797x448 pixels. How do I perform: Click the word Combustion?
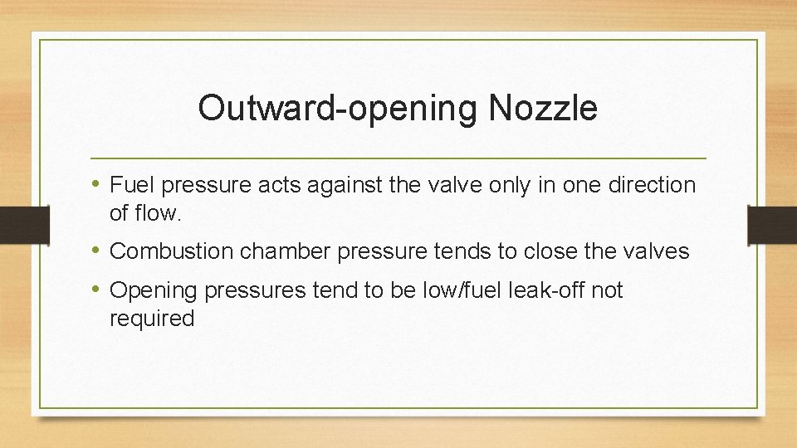click(171, 251)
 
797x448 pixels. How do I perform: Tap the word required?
click(152, 319)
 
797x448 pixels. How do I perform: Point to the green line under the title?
click(398, 158)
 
